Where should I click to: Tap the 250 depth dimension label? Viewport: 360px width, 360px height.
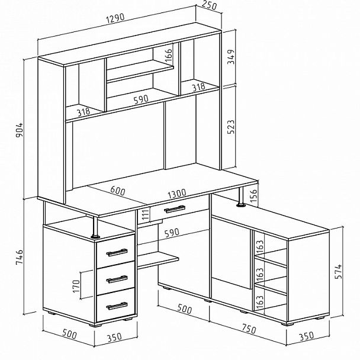209,5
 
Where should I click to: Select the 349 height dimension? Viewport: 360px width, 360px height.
231,57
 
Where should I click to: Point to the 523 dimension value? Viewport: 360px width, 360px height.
231,127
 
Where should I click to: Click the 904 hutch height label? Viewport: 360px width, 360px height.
20,130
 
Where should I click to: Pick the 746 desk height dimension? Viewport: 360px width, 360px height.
20,257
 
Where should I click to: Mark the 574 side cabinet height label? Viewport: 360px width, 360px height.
338,272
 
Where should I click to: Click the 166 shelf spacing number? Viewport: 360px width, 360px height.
169,54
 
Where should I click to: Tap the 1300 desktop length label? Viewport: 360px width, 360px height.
177,194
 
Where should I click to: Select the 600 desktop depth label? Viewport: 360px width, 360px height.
118,191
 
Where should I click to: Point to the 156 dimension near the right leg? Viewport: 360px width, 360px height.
253,195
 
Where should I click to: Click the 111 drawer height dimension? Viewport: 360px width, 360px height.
144,214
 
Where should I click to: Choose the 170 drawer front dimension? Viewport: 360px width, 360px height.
76,286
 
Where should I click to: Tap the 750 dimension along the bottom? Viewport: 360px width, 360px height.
249,329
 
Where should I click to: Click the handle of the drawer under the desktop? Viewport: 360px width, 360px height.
175,209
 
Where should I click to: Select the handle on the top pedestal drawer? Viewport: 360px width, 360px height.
117,252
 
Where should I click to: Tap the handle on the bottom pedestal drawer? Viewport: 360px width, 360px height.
117,306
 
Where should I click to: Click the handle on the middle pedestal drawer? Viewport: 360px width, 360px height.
117,279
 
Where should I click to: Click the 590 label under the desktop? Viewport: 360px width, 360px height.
172,233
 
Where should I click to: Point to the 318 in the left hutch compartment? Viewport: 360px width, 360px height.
83,112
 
